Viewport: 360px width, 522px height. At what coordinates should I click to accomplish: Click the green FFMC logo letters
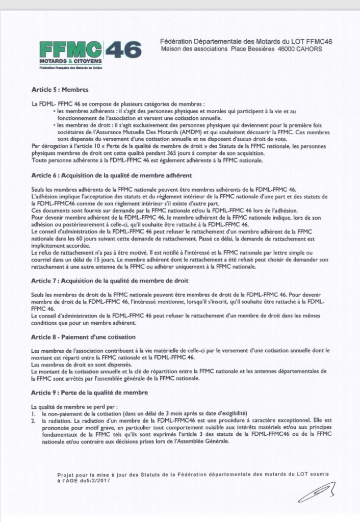click(70, 49)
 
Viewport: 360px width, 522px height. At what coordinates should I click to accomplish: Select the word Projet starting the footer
click(66, 474)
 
